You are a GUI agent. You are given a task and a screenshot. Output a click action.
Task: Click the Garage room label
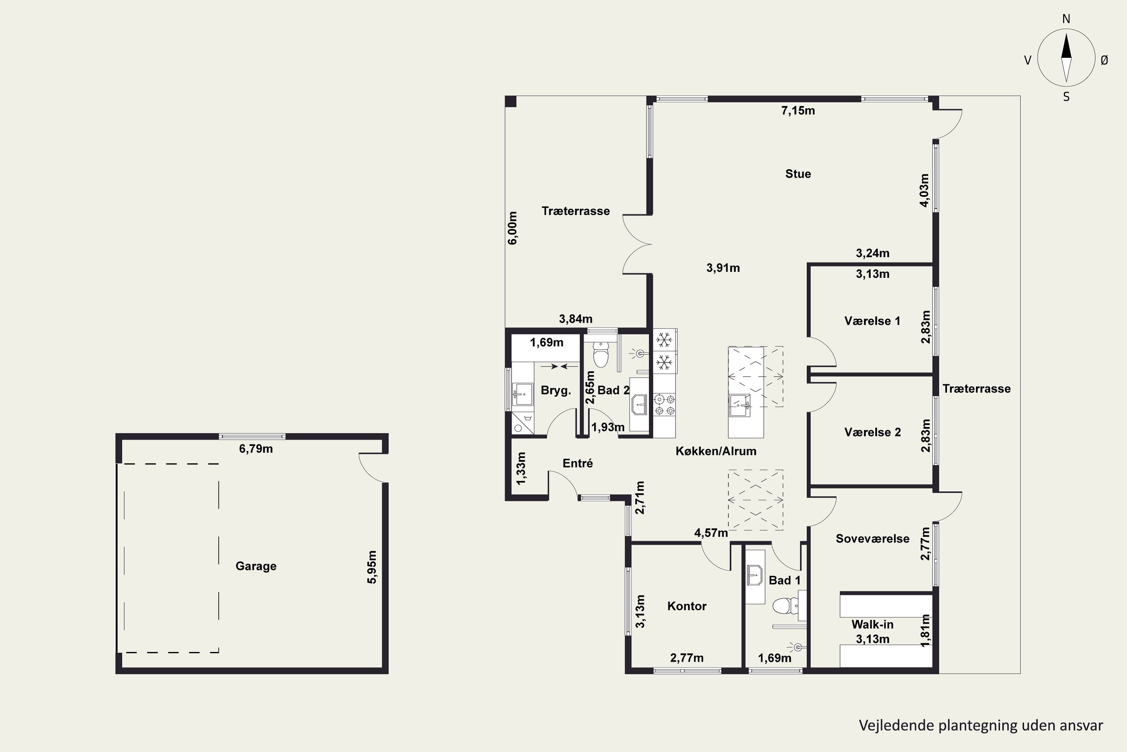(x=256, y=566)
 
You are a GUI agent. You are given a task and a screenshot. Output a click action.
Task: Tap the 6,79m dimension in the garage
(x=256, y=449)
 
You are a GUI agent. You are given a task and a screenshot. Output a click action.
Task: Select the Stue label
(x=798, y=174)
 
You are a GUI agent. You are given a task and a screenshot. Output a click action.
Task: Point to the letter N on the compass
(x=1066, y=19)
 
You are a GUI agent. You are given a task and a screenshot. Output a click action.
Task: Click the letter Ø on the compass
(x=1104, y=60)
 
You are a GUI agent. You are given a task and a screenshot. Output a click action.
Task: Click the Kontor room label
(x=687, y=606)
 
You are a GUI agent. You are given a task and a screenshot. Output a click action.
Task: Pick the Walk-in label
(x=872, y=625)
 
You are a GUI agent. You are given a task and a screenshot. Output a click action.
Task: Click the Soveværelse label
(x=872, y=538)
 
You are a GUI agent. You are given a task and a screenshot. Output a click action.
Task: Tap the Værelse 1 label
(x=872, y=321)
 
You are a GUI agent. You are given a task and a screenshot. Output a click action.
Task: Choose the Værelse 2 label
(x=872, y=432)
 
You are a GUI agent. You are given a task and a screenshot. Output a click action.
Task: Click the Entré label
(x=577, y=463)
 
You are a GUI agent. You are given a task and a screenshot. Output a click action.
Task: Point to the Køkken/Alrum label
(x=716, y=451)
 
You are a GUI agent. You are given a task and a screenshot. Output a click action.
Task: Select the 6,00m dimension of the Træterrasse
(x=513, y=228)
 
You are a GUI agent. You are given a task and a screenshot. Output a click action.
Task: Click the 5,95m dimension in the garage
(x=372, y=567)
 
